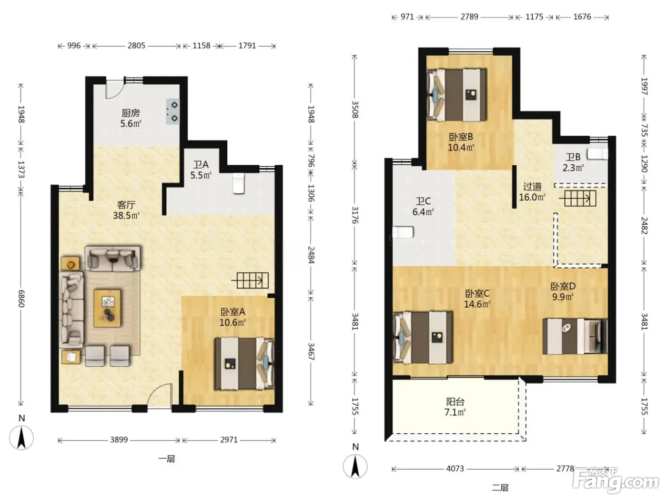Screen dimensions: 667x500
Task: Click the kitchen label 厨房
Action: tap(131, 113)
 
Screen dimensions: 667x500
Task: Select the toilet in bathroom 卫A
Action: tap(239, 183)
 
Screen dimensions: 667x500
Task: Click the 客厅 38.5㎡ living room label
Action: tap(126, 210)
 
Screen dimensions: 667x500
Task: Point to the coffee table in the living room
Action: tap(107, 308)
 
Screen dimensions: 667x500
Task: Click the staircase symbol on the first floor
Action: tap(250, 280)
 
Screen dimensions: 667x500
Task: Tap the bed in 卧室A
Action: tap(244, 363)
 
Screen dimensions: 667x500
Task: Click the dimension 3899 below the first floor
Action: tap(119, 440)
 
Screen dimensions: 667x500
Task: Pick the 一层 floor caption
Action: tap(167, 459)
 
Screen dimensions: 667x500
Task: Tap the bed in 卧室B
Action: tap(457, 95)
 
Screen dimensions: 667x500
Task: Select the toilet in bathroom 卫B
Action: tap(597, 154)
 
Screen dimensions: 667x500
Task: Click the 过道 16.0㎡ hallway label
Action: tap(532, 191)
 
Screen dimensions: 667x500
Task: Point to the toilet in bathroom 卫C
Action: tap(403, 232)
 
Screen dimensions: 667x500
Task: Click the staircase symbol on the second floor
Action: tap(577, 198)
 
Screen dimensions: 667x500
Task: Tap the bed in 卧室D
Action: tap(575, 336)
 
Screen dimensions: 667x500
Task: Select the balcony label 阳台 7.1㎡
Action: tap(455, 407)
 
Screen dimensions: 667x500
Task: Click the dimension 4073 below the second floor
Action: tap(455, 469)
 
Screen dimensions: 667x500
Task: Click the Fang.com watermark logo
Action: tap(616, 480)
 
